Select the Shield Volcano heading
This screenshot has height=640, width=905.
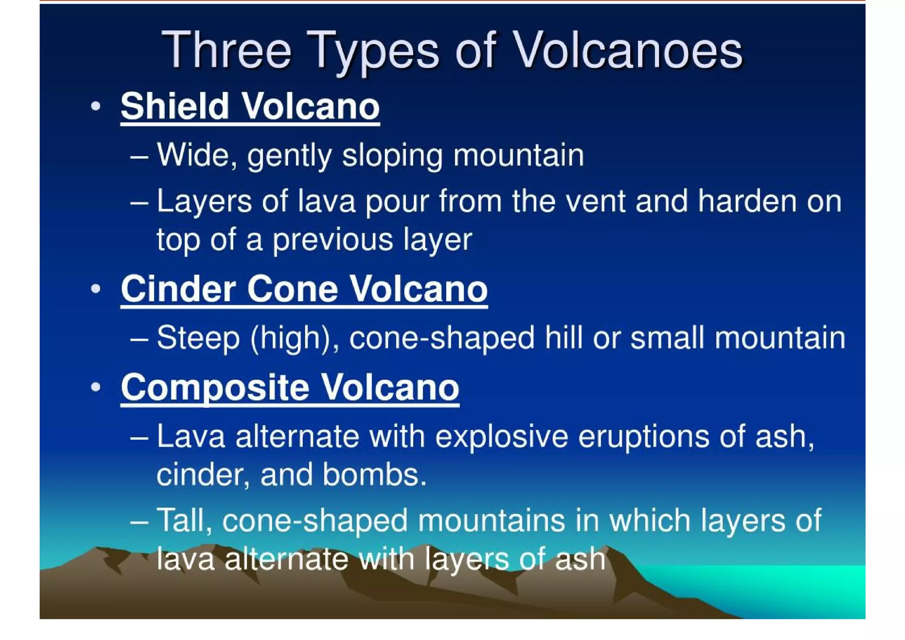point(250,107)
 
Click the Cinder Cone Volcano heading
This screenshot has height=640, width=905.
point(304,289)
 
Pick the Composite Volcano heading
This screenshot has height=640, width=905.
point(290,387)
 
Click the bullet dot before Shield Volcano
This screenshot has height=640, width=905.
point(96,107)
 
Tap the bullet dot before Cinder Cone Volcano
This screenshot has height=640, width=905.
point(96,289)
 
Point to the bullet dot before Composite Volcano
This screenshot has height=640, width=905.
point(96,387)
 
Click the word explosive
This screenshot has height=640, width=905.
point(502,437)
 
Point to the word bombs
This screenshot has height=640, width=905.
point(374,475)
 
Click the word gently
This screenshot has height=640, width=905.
point(289,156)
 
